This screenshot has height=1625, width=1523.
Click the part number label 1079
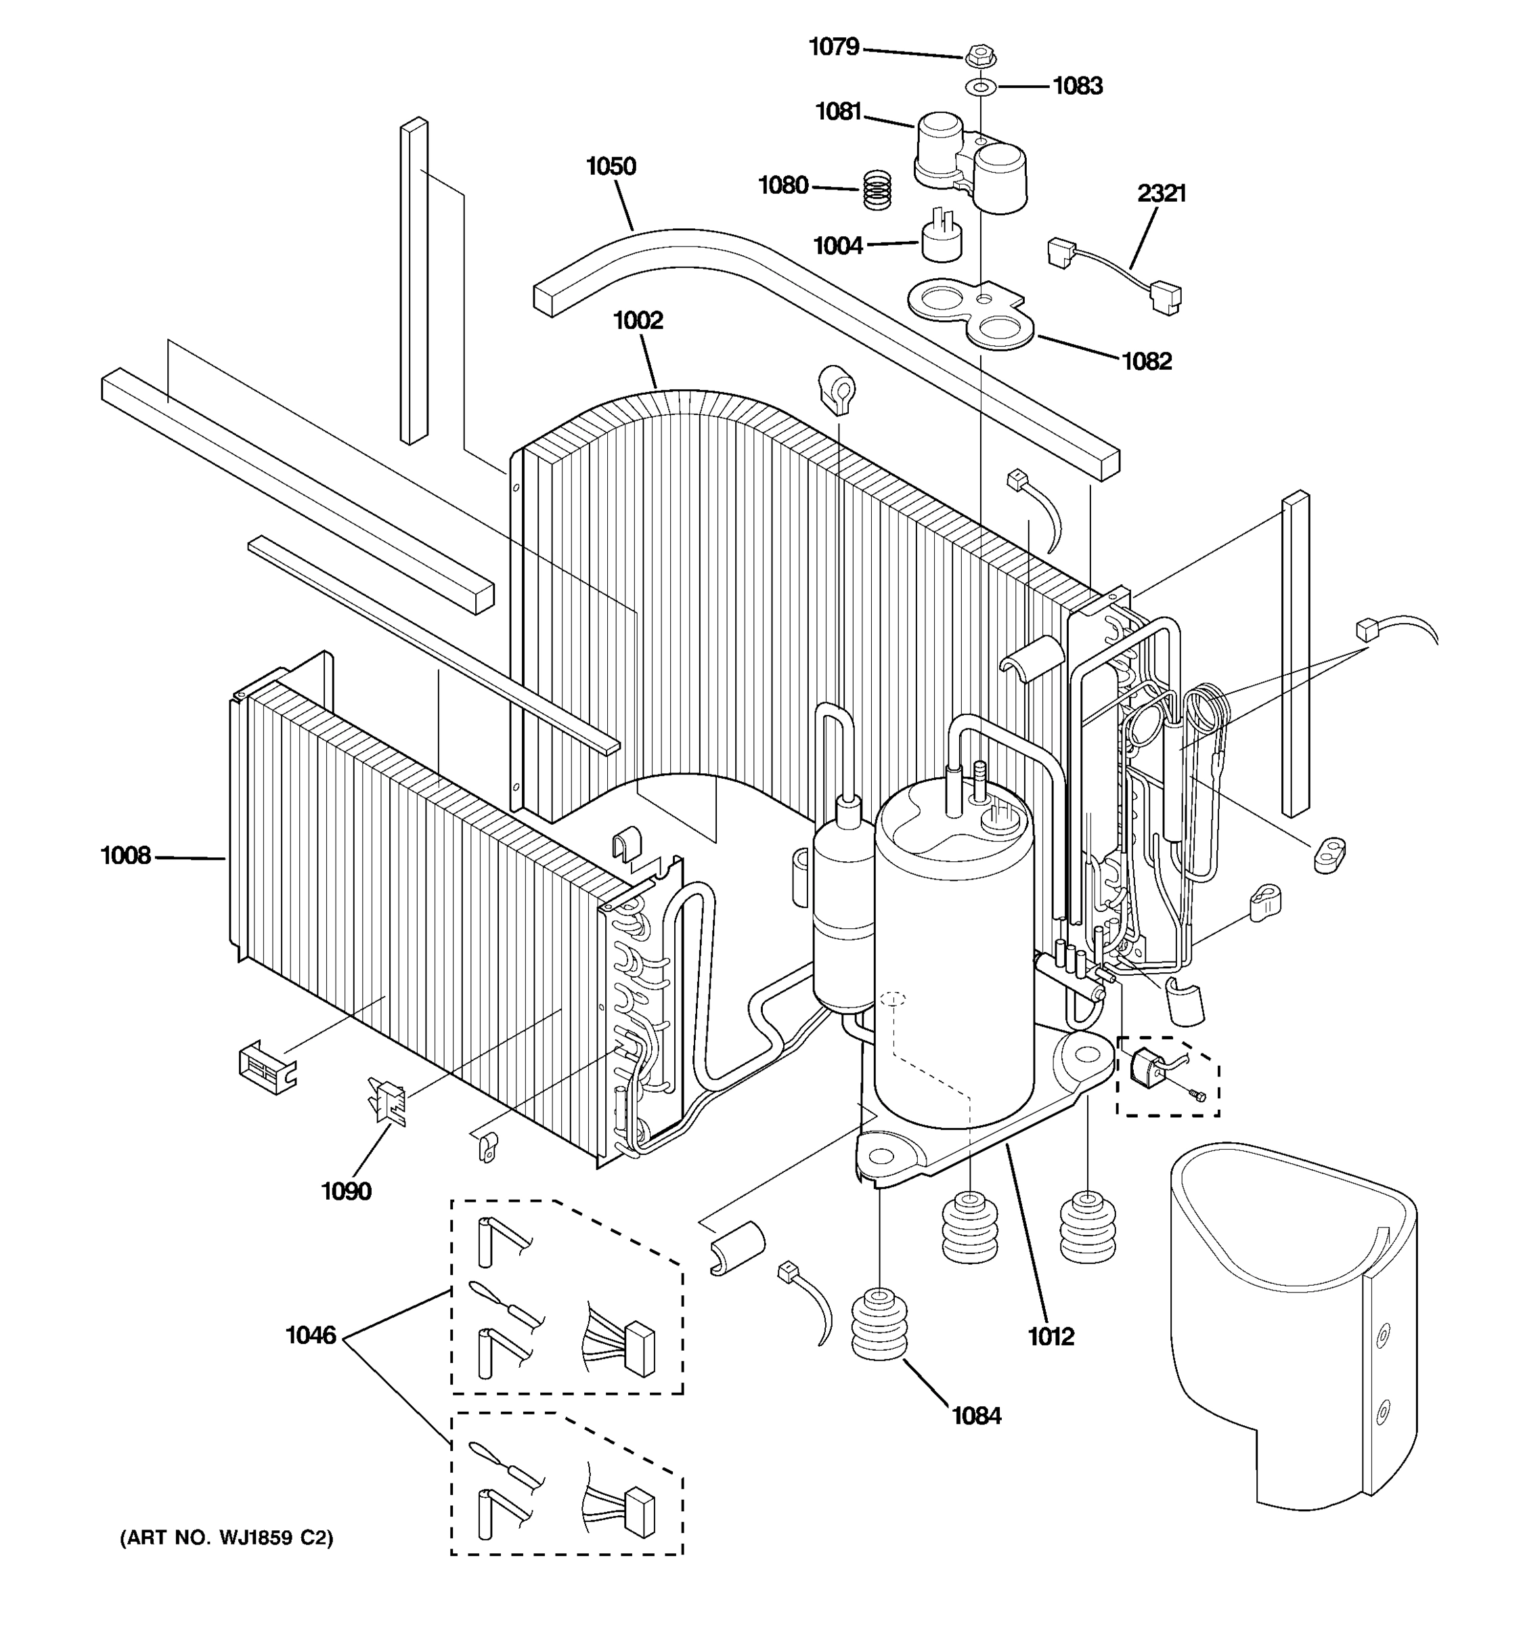point(833,47)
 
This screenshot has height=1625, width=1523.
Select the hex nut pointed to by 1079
point(979,58)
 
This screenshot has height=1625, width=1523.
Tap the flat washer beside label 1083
point(979,86)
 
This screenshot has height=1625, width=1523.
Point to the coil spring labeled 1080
point(877,190)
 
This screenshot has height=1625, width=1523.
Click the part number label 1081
point(838,112)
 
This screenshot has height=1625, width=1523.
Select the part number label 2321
point(1161,194)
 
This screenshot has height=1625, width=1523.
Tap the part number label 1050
point(611,167)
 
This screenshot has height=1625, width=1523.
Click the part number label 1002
point(638,320)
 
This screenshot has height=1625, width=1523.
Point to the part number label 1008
point(125,856)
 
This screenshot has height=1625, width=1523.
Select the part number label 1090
point(346,1192)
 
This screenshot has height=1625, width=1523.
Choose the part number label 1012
point(1050,1337)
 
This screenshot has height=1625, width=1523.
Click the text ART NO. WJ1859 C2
point(226,1538)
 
